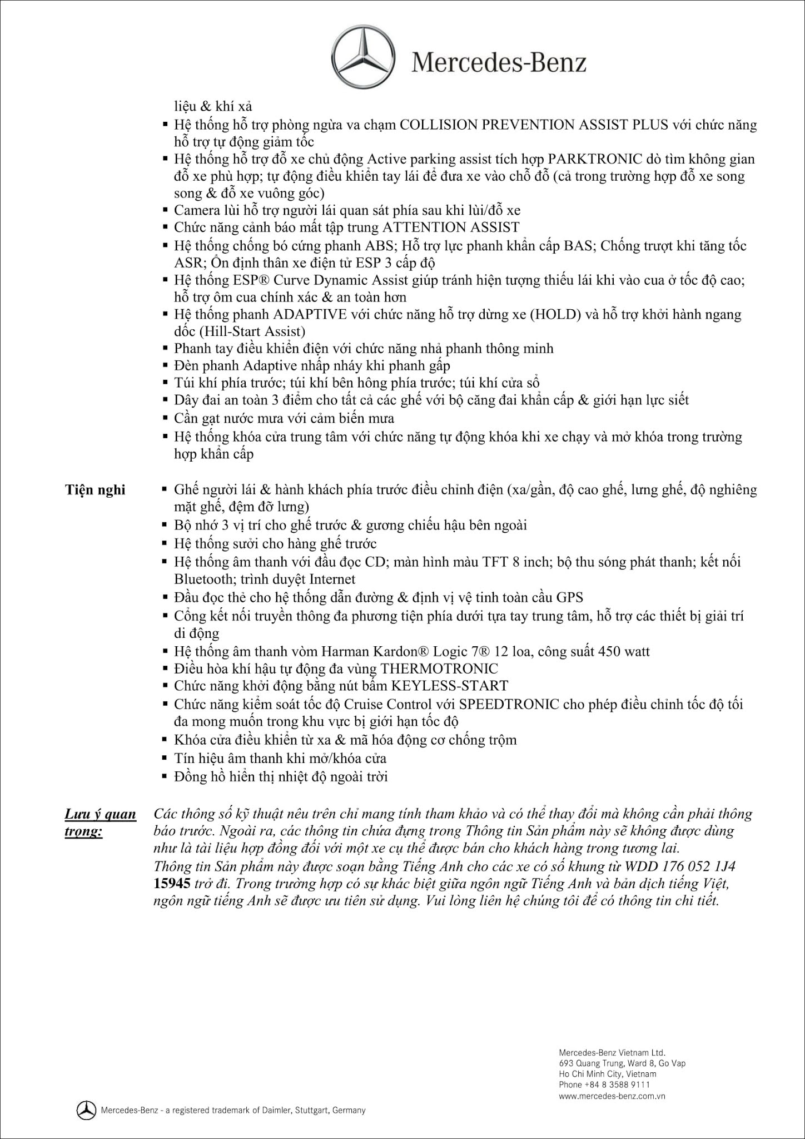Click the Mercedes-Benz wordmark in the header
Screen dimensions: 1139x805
pos(499,62)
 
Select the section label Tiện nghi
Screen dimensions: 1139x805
pos(95,490)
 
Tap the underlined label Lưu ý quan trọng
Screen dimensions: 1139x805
pos(100,823)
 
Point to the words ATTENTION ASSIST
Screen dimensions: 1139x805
pos(451,227)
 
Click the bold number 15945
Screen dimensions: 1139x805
pos(172,883)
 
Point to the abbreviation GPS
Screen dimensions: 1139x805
pos(569,598)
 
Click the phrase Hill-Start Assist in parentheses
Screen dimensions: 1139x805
pos(240,331)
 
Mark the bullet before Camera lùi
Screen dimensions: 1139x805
pos(165,210)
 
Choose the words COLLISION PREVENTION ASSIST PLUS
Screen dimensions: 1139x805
pos(534,125)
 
